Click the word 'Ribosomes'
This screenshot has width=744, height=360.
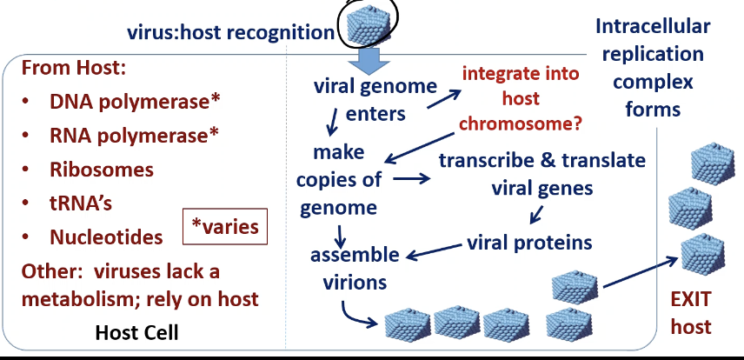coord(102,169)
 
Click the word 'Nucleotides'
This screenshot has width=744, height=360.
coord(106,237)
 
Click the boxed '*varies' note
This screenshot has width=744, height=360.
coord(225,228)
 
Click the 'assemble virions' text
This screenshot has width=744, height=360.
coord(356,268)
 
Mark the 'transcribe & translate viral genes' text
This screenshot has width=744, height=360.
coord(541,174)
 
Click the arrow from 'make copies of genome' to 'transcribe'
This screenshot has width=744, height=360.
coord(412,180)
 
